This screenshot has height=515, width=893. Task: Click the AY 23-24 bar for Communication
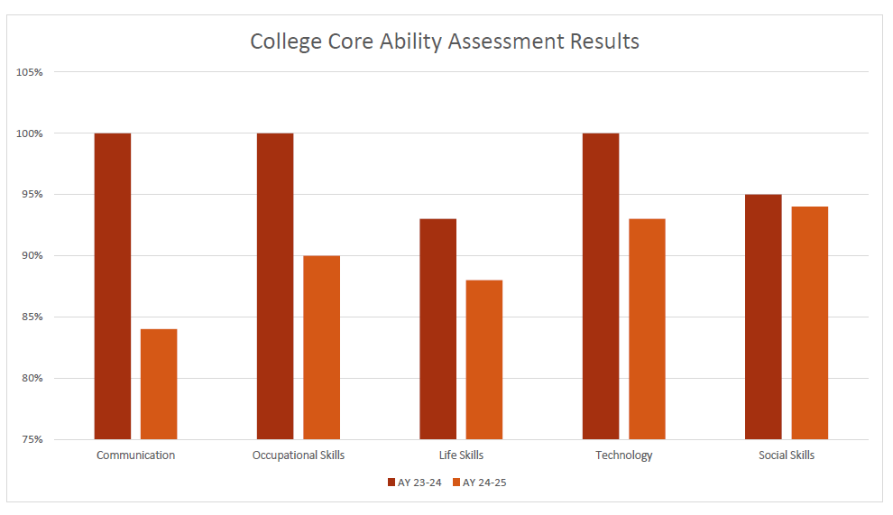point(113,286)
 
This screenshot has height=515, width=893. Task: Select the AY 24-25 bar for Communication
point(159,384)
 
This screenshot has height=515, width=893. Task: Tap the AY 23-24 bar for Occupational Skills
point(275,286)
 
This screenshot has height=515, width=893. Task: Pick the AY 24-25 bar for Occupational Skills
point(321,347)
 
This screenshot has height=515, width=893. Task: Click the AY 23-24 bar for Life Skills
point(437,329)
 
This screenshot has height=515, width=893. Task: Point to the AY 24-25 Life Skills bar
point(484,360)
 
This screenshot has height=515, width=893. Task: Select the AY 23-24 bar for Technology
point(601,286)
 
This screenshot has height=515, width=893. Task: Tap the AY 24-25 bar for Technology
point(647,329)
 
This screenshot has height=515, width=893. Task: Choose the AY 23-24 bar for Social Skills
point(763,317)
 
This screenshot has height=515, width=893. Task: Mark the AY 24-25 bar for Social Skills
point(809,323)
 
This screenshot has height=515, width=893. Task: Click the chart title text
point(445,41)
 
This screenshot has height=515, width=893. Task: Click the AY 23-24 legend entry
point(415,483)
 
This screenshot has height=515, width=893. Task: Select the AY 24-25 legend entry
point(481,483)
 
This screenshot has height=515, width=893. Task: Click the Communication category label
point(135,455)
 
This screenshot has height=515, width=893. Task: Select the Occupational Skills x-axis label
point(299,455)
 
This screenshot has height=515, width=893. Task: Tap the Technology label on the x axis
point(623,455)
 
